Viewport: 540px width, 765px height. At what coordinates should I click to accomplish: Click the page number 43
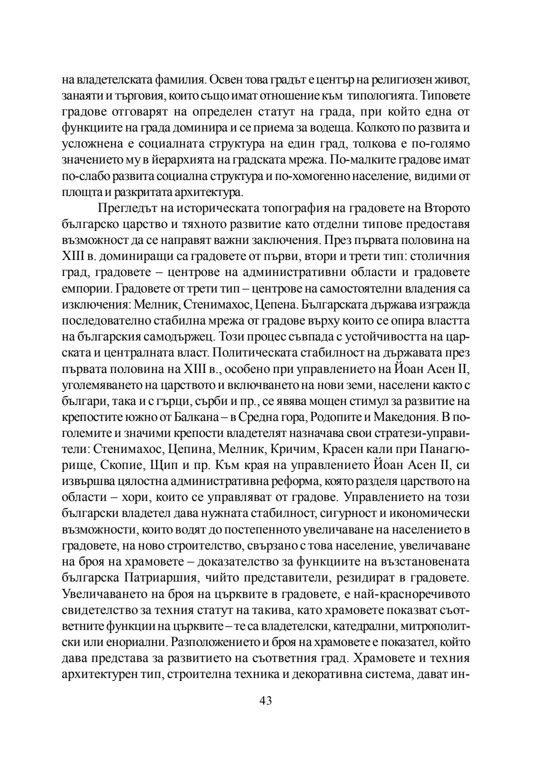coord(265,700)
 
